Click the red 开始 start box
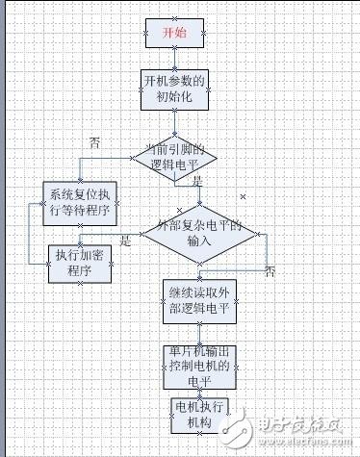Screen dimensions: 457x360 (x=173, y=32)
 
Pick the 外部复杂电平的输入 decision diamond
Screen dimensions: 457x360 (x=200, y=232)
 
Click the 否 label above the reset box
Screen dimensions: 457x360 (x=94, y=142)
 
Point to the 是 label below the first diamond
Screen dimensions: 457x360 (x=197, y=180)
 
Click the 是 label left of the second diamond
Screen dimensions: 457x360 (x=125, y=241)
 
